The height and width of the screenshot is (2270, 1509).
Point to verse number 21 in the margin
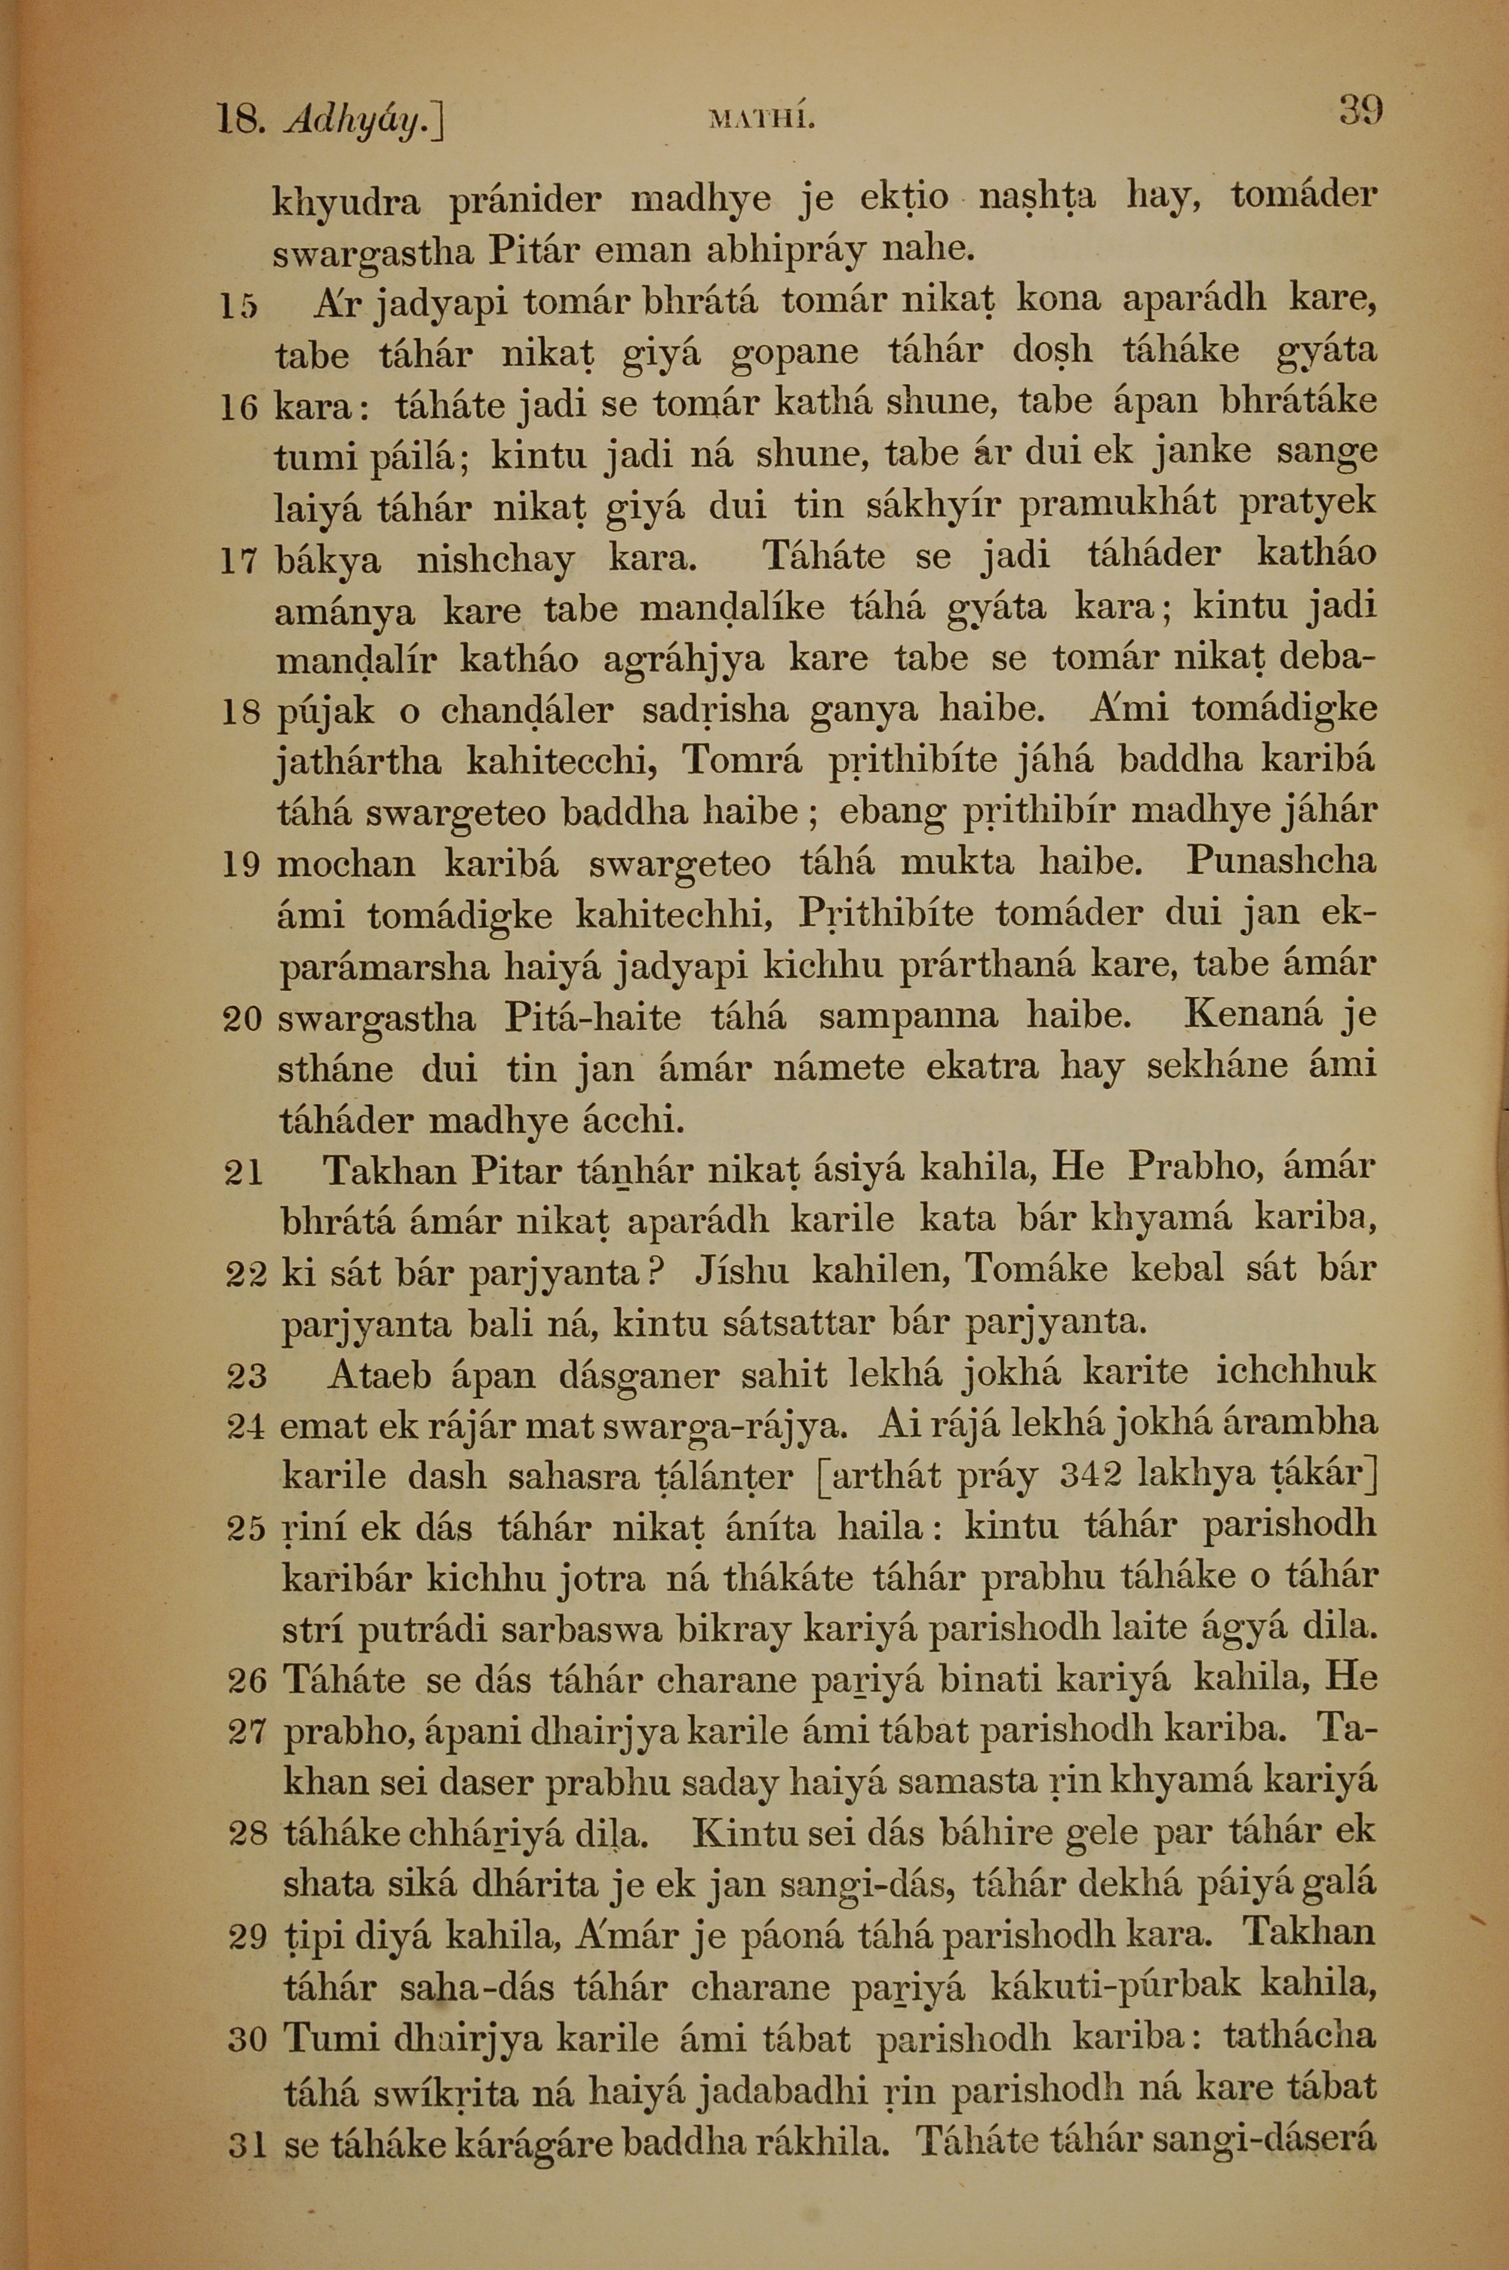242,1173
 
